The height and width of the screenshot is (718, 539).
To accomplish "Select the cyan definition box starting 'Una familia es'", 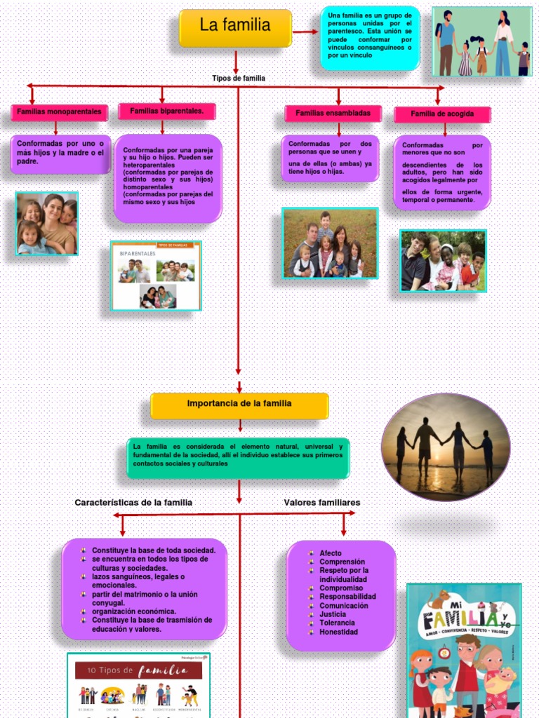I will pos(370,38).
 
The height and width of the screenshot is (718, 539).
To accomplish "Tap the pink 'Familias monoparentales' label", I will pos(59,111).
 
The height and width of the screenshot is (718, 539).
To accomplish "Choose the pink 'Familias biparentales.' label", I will pos(167,111).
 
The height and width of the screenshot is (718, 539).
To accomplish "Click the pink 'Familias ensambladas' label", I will pos(333,113).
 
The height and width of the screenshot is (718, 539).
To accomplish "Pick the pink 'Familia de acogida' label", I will pos(442,114).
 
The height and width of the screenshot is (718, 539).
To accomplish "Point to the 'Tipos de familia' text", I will pos(239,79).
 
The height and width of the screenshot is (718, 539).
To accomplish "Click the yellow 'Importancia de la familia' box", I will pos(239,405).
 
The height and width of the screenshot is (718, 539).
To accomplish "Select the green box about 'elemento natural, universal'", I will pos(238,456).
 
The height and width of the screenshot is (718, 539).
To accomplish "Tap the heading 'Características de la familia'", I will pos(133,503).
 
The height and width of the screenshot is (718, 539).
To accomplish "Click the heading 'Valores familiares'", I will pos(322,503).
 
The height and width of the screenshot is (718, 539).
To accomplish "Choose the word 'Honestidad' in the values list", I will pos(338,632).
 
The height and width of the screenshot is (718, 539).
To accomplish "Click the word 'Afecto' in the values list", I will pos(331,553).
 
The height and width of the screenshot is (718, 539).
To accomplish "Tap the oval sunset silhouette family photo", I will pos(446,447).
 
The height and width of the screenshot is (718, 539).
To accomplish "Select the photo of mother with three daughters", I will pos(47,223).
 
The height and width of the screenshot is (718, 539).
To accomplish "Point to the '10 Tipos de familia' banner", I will pos(138,670).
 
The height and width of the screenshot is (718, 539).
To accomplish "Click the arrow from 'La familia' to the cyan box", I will pos(305,32).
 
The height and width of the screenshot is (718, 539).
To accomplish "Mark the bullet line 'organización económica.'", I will pos(134,611).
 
